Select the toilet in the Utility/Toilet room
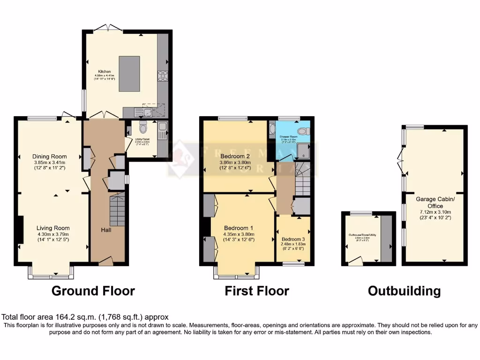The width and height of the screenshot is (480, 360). click(x=143, y=126)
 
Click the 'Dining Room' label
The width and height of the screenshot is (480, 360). click(x=49, y=157)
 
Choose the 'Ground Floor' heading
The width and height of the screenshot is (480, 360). click(x=93, y=291)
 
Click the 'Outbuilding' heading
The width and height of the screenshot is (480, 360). click(x=404, y=291)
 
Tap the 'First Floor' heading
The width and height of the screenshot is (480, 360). click(x=257, y=291)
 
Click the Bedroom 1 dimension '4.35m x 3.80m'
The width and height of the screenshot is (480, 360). click(x=239, y=235)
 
